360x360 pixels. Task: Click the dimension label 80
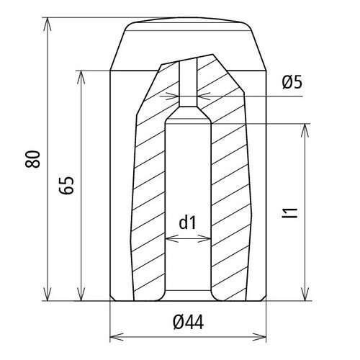coord(32,159)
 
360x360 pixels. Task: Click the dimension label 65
coord(66,185)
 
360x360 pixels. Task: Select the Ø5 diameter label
coord(292,83)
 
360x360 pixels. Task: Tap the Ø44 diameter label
coord(189,323)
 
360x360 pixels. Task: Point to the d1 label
coord(188,222)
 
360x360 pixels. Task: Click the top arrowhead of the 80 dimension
coord(48,24)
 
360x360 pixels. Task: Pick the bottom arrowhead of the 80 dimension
coord(48,294)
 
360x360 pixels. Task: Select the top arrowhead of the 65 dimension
coord(81,77)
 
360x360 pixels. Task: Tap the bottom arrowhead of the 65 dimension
coord(81,294)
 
